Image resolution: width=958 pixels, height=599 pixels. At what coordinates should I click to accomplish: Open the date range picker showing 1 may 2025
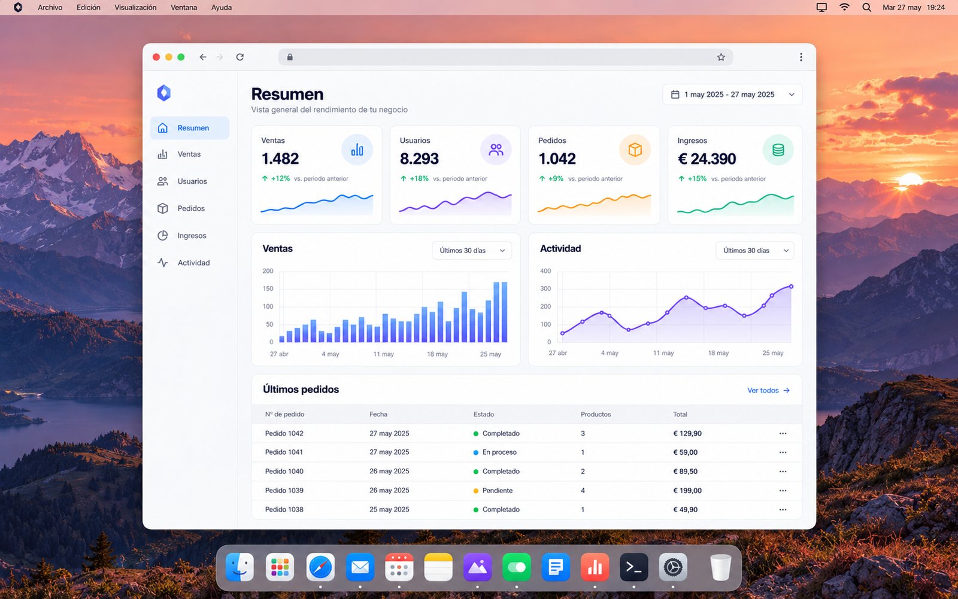(x=732, y=95)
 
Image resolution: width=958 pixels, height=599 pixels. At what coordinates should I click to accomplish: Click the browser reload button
(x=240, y=57)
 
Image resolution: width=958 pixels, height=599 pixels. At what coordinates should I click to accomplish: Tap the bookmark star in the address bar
(x=721, y=57)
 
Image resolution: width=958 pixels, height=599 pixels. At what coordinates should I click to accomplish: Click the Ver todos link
(x=768, y=390)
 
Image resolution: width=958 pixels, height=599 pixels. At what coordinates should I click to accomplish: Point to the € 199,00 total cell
(x=687, y=491)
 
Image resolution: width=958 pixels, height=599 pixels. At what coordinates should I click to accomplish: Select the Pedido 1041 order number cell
(x=284, y=452)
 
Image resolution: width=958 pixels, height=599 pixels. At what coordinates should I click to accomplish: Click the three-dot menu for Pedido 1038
(x=783, y=509)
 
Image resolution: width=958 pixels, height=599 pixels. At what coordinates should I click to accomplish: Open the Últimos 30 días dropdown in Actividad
(x=755, y=251)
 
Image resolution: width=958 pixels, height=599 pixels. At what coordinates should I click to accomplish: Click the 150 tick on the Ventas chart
(x=268, y=288)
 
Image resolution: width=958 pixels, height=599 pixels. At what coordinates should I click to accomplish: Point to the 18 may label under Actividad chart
(x=718, y=352)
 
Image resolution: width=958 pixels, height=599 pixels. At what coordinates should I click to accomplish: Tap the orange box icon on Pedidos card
(x=635, y=150)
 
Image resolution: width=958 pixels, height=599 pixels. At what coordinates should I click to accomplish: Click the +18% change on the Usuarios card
(x=419, y=178)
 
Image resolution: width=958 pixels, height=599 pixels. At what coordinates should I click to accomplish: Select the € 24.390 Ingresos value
(x=707, y=159)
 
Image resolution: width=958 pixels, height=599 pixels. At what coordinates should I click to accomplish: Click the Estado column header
(x=484, y=414)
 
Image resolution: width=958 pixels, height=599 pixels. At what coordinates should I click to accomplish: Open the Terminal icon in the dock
(x=634, y=567)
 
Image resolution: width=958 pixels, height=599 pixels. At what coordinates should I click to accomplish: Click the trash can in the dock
(x=720, y=567)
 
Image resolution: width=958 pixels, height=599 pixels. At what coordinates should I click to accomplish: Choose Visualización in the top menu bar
(x=135, y=7)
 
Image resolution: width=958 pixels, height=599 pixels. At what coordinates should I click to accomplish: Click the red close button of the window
(x=156, y=57)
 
